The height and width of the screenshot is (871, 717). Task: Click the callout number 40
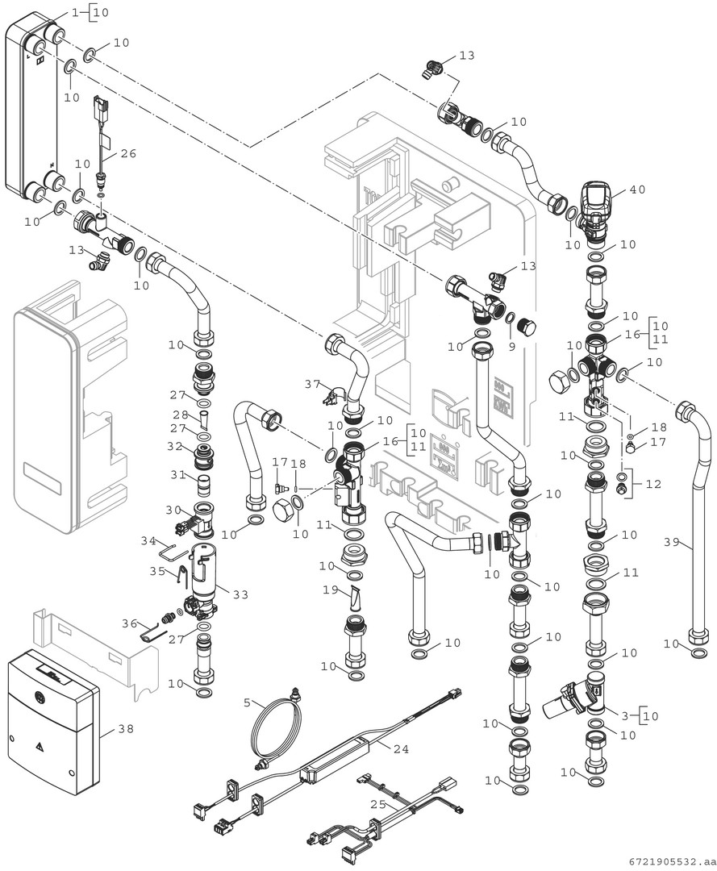pos(637,190)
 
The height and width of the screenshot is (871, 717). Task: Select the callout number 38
pos(126,729)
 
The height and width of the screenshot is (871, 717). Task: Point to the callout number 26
pos(129,153)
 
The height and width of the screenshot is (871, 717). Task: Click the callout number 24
pos(401,748)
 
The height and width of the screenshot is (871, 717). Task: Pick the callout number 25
pos(377,805)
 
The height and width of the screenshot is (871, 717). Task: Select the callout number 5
pos(248,702)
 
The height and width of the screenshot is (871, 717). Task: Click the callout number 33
pos(240,594)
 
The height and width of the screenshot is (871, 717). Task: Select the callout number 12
pos(652,485)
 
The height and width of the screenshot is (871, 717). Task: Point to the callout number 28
pos(179,414)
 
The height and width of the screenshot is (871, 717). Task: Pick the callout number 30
pos(173,509)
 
